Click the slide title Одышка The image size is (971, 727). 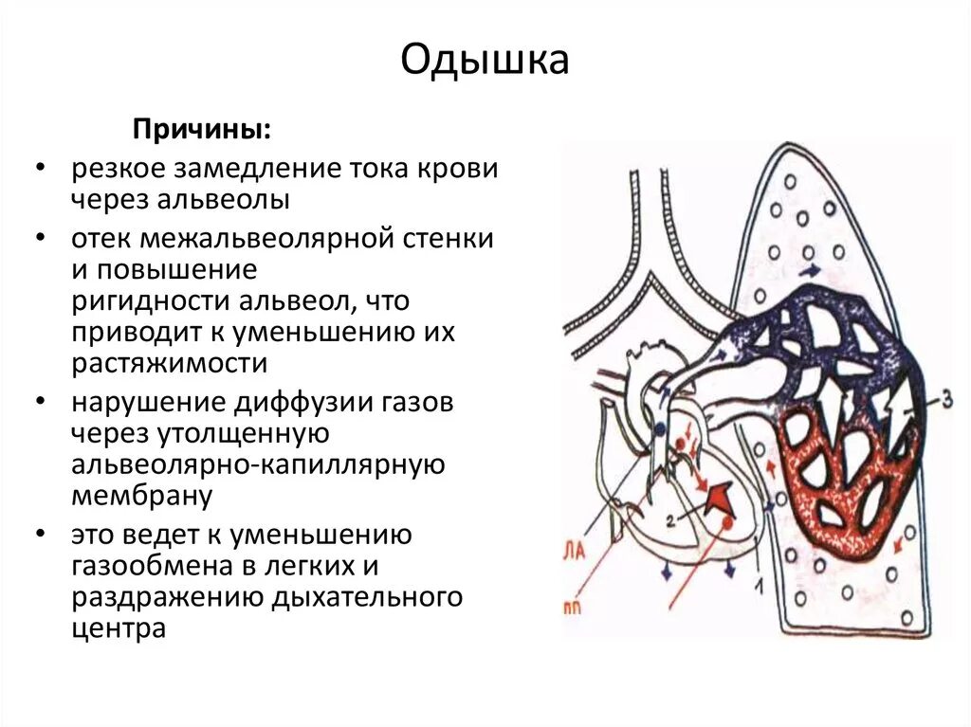485,60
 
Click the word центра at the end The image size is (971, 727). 119,628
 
